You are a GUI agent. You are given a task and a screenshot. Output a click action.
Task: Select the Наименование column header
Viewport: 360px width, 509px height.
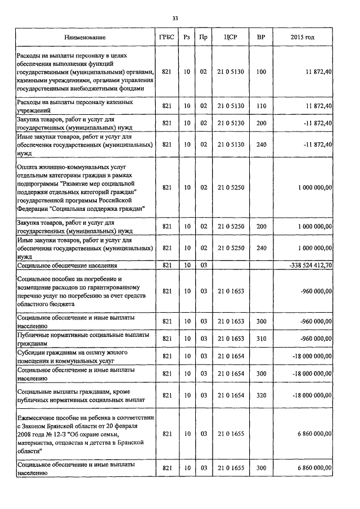coord(84,37)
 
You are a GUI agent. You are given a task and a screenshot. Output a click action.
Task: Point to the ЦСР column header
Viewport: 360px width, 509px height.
coord(231,37)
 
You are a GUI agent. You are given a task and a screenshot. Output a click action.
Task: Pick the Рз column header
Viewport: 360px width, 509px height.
coord(187,37)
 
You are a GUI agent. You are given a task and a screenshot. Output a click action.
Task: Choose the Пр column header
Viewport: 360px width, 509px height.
coord(204,37)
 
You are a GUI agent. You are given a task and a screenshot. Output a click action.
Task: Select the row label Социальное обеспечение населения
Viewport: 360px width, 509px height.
coord(67,264)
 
